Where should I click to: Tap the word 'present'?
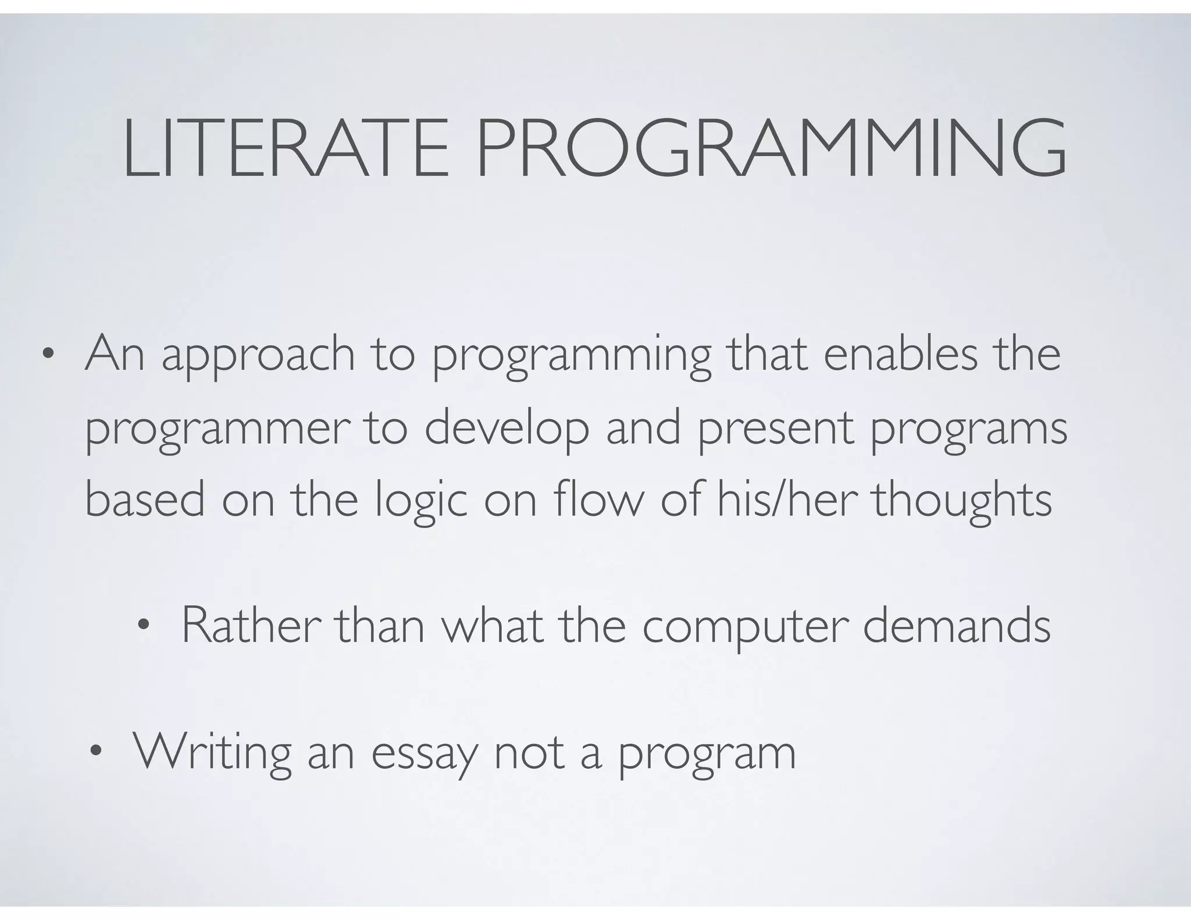click(776, 431)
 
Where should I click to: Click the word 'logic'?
click(420, 502)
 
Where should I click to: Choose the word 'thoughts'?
click(962, 501)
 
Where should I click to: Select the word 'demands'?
click(957, 626)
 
